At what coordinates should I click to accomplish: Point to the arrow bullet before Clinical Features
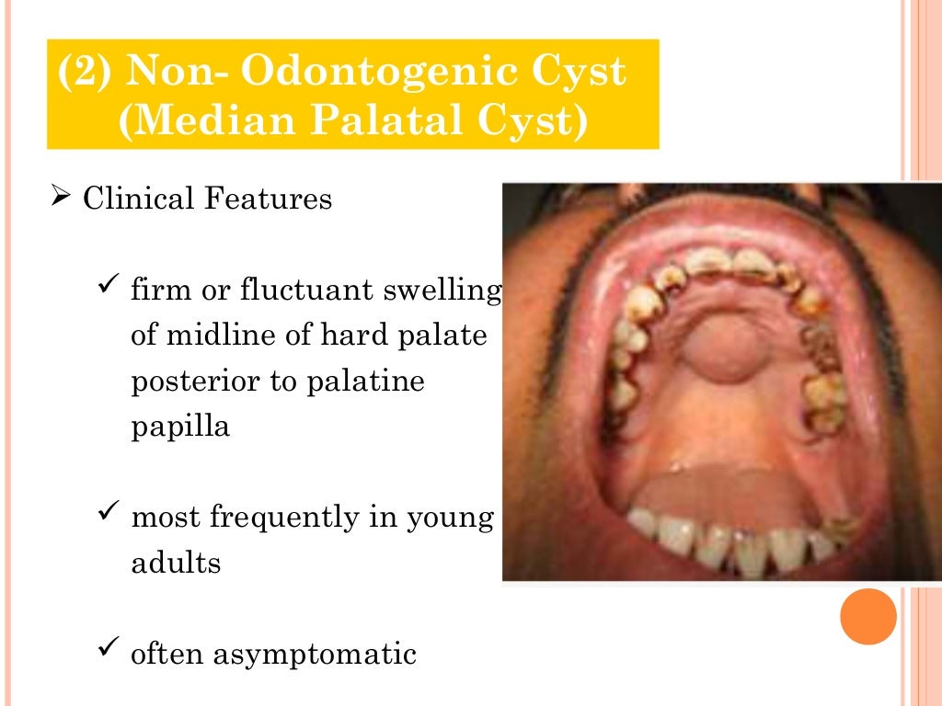coord(61,198)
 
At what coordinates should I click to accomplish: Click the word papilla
coord(180,427)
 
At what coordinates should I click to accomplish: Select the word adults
coord(177,563)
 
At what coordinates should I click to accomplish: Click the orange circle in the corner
coord(867,617)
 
